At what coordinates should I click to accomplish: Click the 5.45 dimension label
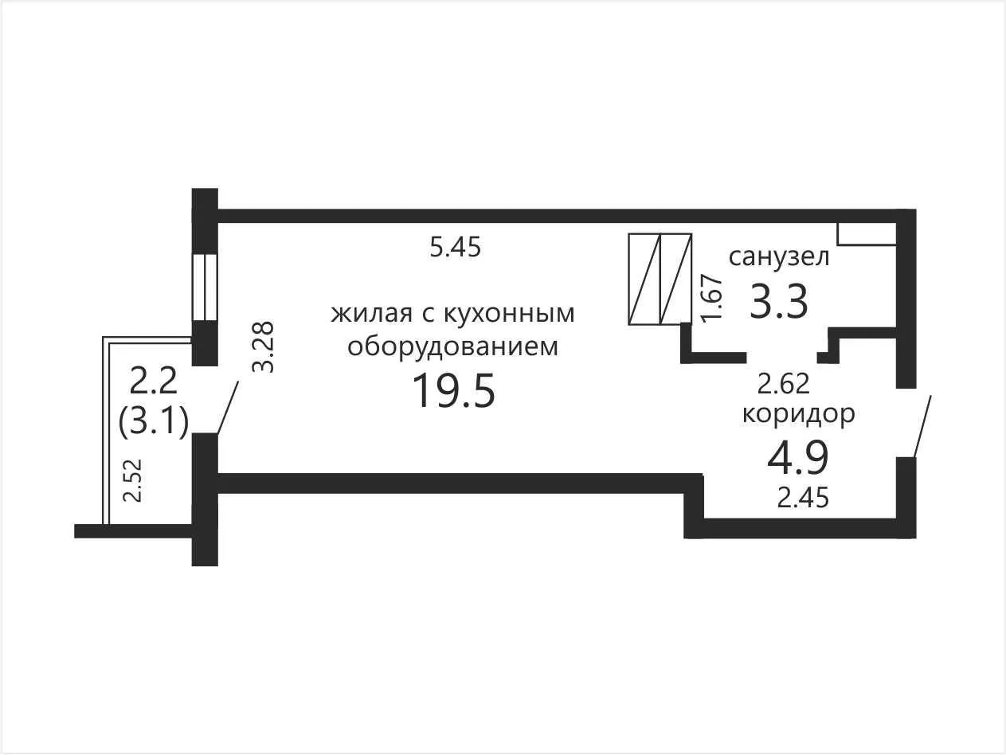tap(455, 248)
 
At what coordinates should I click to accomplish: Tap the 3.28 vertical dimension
tap(264, 346)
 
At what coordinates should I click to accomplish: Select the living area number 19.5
tap(454, 390)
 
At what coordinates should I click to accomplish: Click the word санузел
tap(779, 257)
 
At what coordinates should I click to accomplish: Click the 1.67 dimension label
tap(712, 299)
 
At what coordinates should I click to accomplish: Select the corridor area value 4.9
tap(798, 457)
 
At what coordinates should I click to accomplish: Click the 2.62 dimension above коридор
tap(783, 383)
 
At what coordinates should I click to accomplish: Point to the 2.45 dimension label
tap(803, 498)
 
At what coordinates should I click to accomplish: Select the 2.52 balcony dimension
tap(133, 480)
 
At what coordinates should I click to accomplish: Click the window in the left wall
tap(205, 288)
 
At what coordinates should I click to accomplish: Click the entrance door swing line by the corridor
tap(922, 427)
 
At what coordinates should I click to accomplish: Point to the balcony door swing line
tap(228, 407)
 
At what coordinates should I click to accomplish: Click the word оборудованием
tap(452, 348)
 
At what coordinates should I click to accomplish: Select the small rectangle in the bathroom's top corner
tap(867, 234)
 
